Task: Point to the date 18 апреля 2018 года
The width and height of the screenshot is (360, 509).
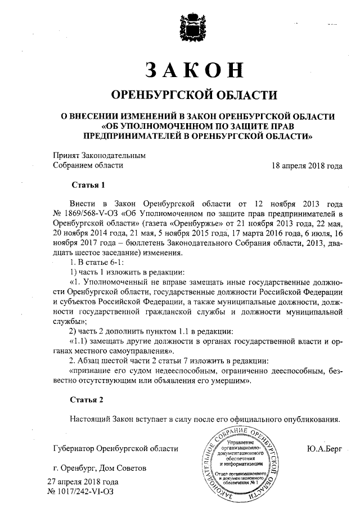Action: point(307,165)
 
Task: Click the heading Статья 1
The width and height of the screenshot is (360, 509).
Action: point(88,184)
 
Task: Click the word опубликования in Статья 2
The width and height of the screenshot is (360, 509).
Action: point(309,419)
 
